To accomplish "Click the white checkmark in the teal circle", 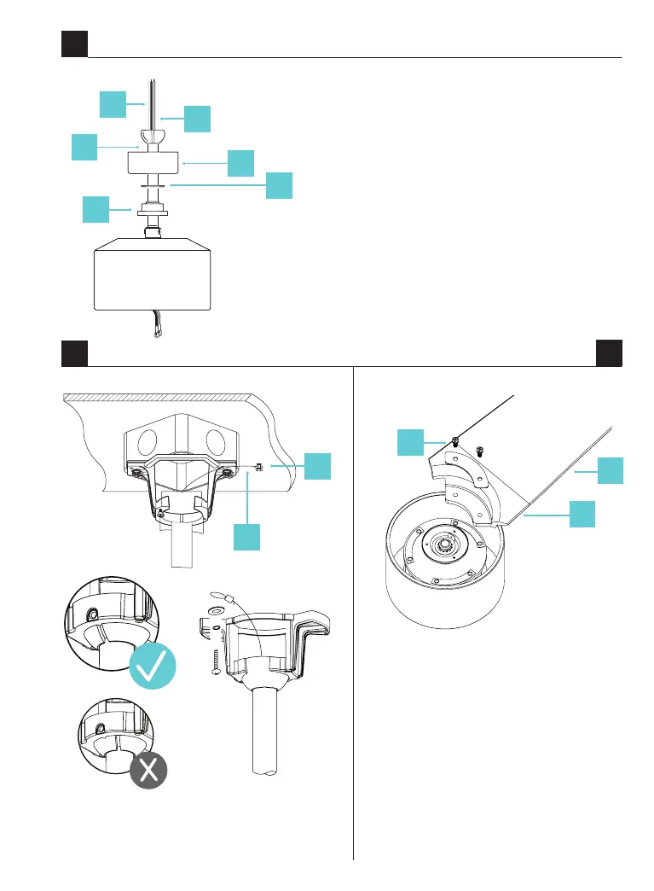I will click(154, 666).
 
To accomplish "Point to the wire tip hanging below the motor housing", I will click(156, 335).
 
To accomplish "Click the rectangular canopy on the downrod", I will click(152, 162).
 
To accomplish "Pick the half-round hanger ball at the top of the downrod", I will click(152, 137).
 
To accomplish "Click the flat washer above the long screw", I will click(212, 611).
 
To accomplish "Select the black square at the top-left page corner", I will click(74, 44).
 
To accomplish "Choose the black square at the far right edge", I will click(609, 352).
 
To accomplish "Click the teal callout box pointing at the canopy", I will click(240, 162).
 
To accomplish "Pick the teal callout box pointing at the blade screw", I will click(412, 444).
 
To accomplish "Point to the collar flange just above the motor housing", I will click(151, 210).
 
